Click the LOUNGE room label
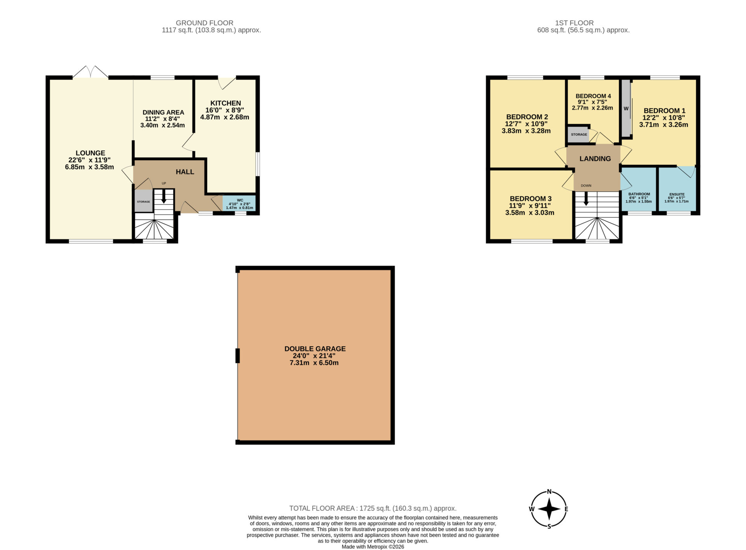coord(90,153)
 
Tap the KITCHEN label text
coord(226,103)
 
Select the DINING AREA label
coord(163,112)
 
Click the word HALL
coord(185,172)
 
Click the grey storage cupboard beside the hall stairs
coord(143,201)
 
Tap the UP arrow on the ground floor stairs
coord(164,196)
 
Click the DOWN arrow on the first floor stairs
coord(586,199)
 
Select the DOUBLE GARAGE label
coord(315,349)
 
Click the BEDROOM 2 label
coord(527,117)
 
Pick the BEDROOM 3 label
coord(531,199)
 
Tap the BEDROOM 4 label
coord(593,96)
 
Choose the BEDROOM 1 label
coord(664,111)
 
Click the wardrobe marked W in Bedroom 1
coord(626,108)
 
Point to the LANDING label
coord(595,159)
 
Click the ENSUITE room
coord(677,189)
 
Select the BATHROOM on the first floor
coord(639,189)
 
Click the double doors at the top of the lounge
coord(90,72)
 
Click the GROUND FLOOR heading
coord(205,23)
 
